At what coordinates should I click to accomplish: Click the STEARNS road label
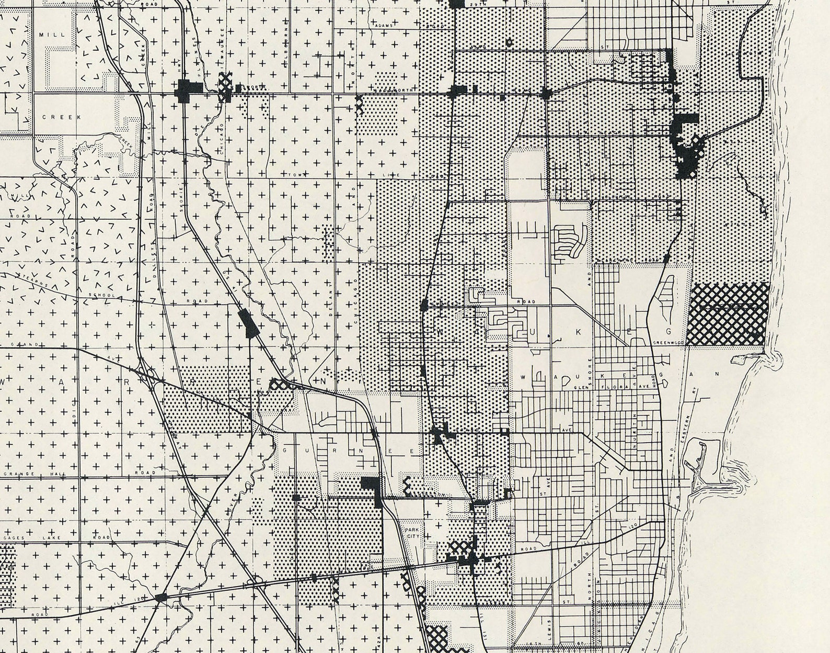(36, 279)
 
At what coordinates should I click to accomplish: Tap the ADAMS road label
(384, 24)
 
